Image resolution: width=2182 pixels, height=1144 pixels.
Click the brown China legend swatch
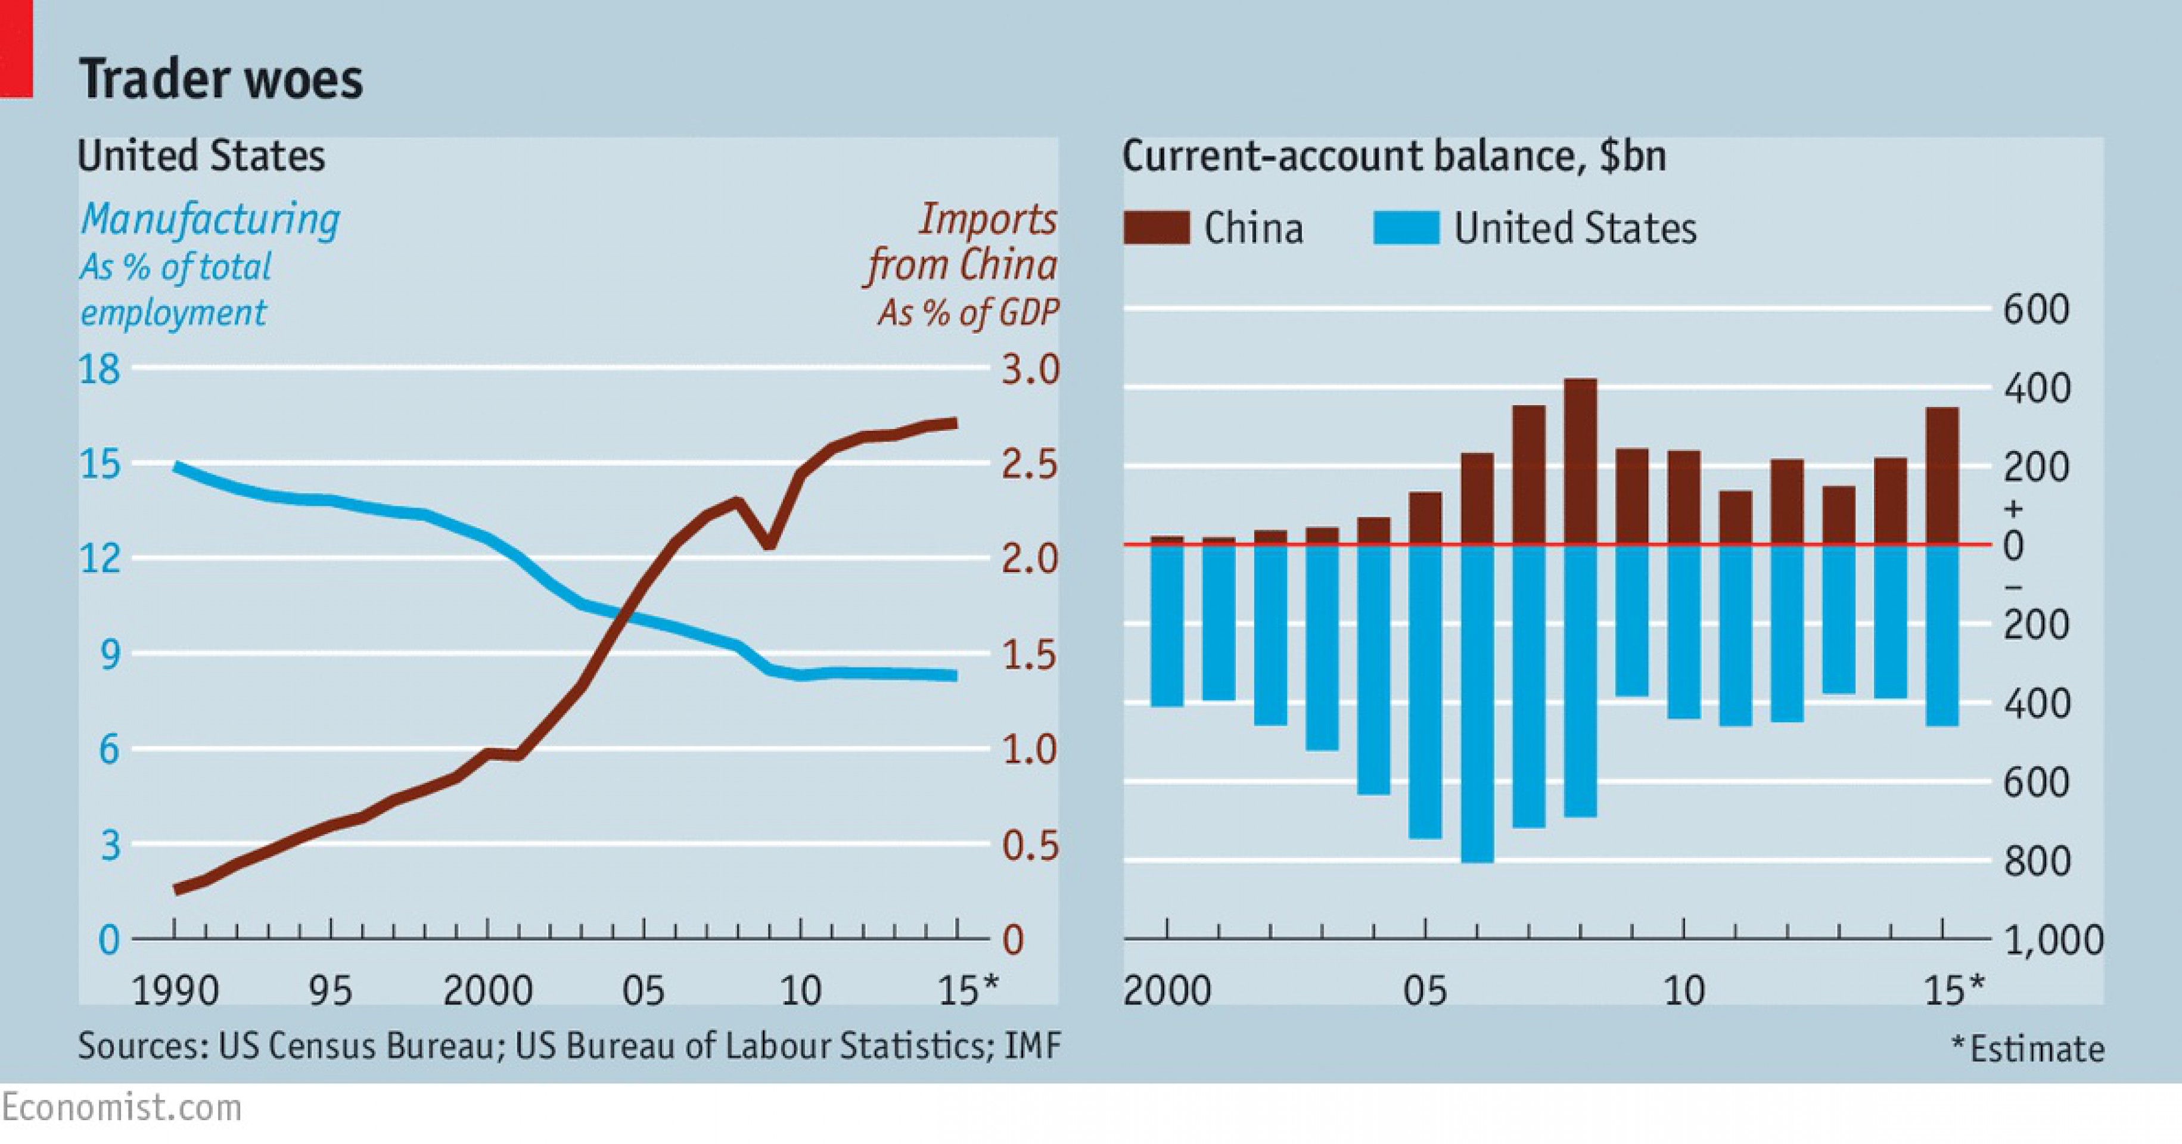point(1156,228)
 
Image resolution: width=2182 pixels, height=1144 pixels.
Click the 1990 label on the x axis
point(175,990)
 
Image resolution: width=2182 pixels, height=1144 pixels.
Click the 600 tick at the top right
point(2035,309)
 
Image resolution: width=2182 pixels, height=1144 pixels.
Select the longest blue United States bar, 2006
point(1477,703)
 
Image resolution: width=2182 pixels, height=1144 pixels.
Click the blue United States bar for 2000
point(1167,625)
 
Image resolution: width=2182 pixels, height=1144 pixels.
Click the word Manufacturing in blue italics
point(210,219)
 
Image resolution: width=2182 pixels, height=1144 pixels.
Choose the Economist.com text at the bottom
point(121,1108)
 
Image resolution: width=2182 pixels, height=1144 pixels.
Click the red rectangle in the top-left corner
point(16,48)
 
